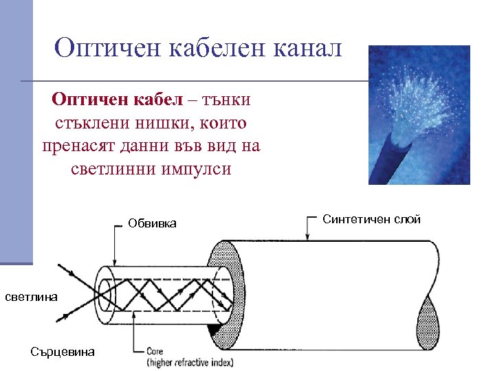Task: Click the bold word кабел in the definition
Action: point(158,100)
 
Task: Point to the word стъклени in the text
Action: point(89,124)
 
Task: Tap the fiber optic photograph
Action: point(419,114)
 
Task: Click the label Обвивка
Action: point(152,223)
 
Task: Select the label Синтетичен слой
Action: point(371,219)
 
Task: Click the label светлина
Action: point(31,296)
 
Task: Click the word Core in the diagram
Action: point(155,351)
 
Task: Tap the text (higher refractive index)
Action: point(189,362)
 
